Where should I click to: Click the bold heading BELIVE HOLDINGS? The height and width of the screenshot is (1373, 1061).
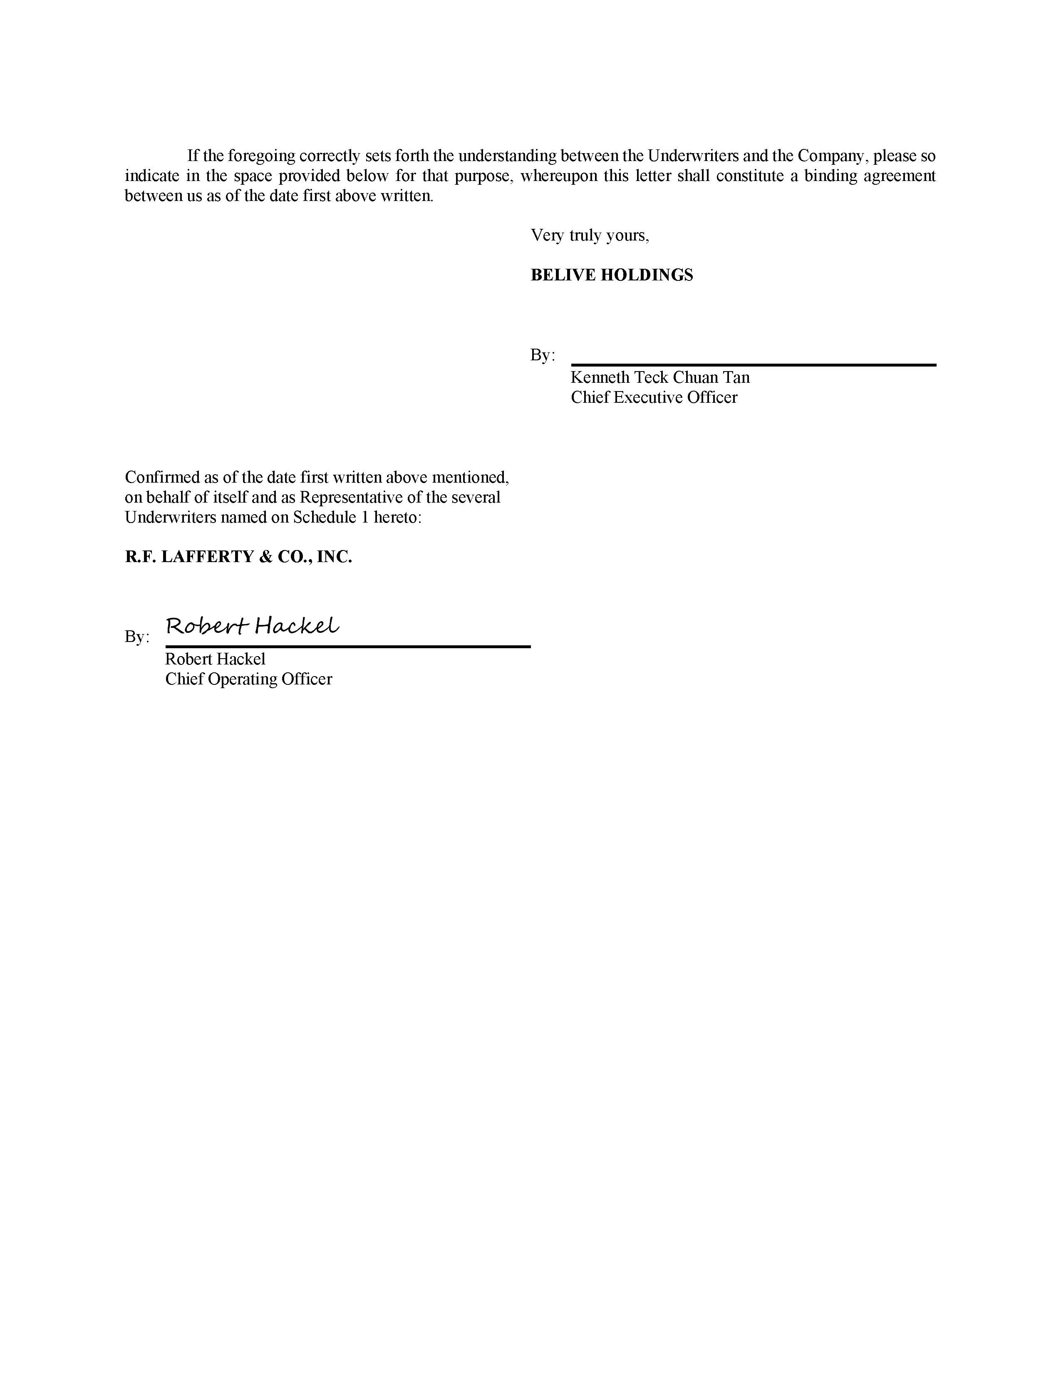click(612, 275)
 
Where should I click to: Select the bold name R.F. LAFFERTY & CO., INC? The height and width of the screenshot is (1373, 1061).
click(238, 556)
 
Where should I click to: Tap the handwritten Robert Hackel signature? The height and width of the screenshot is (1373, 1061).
click(252, 626)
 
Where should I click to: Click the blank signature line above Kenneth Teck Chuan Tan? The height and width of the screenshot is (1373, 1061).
click(753, 364)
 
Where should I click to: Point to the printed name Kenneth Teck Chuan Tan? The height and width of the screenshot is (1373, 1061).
click(660, 377)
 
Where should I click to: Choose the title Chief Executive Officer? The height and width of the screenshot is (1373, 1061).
click(654, 397)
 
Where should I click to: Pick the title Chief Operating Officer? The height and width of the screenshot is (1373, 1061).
click(248, 679)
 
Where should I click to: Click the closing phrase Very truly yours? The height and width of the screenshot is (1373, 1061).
click(590, 235)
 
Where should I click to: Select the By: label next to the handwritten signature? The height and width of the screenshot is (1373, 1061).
click(137, 637)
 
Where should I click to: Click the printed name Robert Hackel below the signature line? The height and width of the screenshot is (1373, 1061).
click(215, 659)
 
